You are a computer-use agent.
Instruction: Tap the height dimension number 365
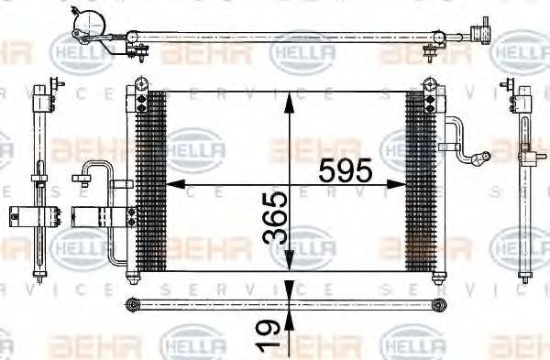(275, 218)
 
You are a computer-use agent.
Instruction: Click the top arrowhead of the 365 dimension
(289, 96)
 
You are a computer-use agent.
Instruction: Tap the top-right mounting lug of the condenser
(429, 85)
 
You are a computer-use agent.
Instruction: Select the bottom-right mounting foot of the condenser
(431, 274)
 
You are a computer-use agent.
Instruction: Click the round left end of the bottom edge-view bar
(132, 303)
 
